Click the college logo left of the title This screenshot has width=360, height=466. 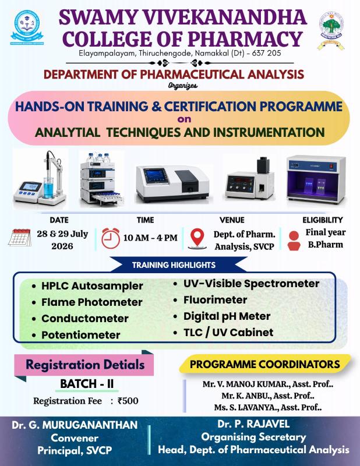27,27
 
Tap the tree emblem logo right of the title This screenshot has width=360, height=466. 331,30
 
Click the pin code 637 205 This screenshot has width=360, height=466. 266,53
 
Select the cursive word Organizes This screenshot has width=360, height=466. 182,86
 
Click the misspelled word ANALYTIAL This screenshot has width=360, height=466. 68,132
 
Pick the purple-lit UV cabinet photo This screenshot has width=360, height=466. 316,179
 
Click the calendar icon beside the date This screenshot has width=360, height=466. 20,238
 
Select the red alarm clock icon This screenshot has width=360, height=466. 111,238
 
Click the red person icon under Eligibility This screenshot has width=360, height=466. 294,241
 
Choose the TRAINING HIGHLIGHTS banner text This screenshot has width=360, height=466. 174,265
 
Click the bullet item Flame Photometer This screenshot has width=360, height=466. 92,302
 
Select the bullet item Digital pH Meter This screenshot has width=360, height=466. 227,316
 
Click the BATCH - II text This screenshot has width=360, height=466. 87,384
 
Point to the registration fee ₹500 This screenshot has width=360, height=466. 128,401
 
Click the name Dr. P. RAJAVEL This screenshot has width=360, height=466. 253,424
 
